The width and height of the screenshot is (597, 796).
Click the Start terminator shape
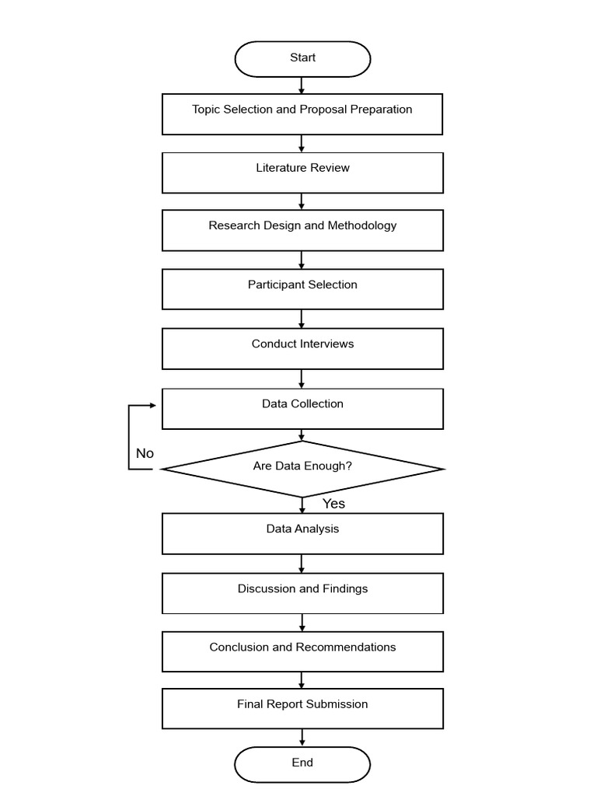click(302, 59)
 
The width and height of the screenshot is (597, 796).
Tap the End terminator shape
click(302, 764)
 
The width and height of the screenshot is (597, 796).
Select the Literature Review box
click(302, 173)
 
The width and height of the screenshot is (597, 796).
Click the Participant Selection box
click(302, 289)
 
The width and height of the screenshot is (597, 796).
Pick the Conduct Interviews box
click(302, 349)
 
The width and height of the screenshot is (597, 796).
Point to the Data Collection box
click(302, 409)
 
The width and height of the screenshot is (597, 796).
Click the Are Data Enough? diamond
click(302, 469)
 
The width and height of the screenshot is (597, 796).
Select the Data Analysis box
click(302, 533)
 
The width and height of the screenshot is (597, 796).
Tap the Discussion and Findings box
click(302, 593)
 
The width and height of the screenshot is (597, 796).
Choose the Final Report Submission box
click(302, 709)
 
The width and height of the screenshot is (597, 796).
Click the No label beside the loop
click(145, 453)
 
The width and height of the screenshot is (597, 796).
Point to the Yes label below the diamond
click(333, 504)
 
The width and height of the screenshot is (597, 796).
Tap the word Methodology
click(362, 226)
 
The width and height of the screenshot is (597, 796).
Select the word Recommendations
click(346, 648)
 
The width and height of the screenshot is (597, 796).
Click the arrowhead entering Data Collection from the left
click(153, 405)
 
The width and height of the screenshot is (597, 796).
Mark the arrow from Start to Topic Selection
click(302, 86)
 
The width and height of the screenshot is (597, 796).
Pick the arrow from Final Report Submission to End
click(302, 738)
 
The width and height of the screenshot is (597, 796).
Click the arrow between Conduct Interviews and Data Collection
click(302, 379)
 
